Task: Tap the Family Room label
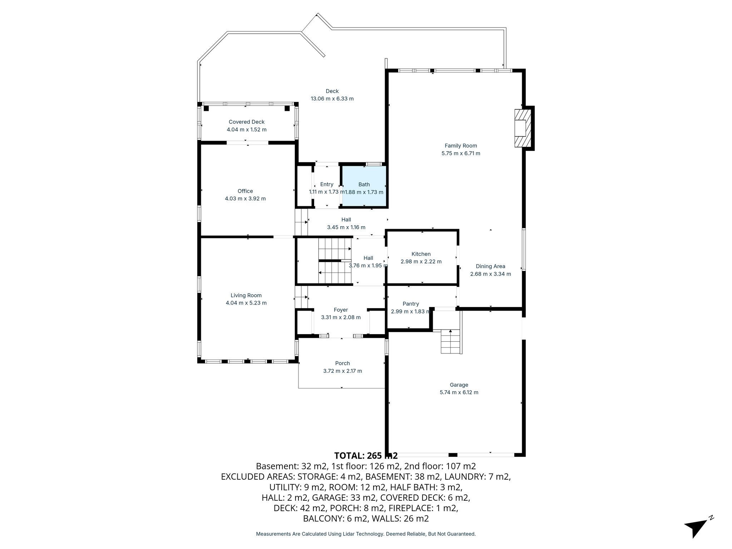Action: [460, 146]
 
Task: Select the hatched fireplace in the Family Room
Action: [523, 128]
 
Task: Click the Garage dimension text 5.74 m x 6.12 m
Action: [459, 392]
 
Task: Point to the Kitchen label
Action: [421, 254]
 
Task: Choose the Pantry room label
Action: [410, 304]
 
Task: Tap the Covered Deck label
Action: [246, 122]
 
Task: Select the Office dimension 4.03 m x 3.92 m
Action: [245, 199]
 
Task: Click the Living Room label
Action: [246, 295]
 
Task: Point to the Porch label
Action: [342, 363]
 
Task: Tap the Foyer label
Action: [341, 310]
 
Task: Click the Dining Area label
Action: [490, 266]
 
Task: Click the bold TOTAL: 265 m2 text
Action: [365, 456]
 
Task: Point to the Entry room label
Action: [326, 184]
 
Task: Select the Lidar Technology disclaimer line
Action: [365, 534]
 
